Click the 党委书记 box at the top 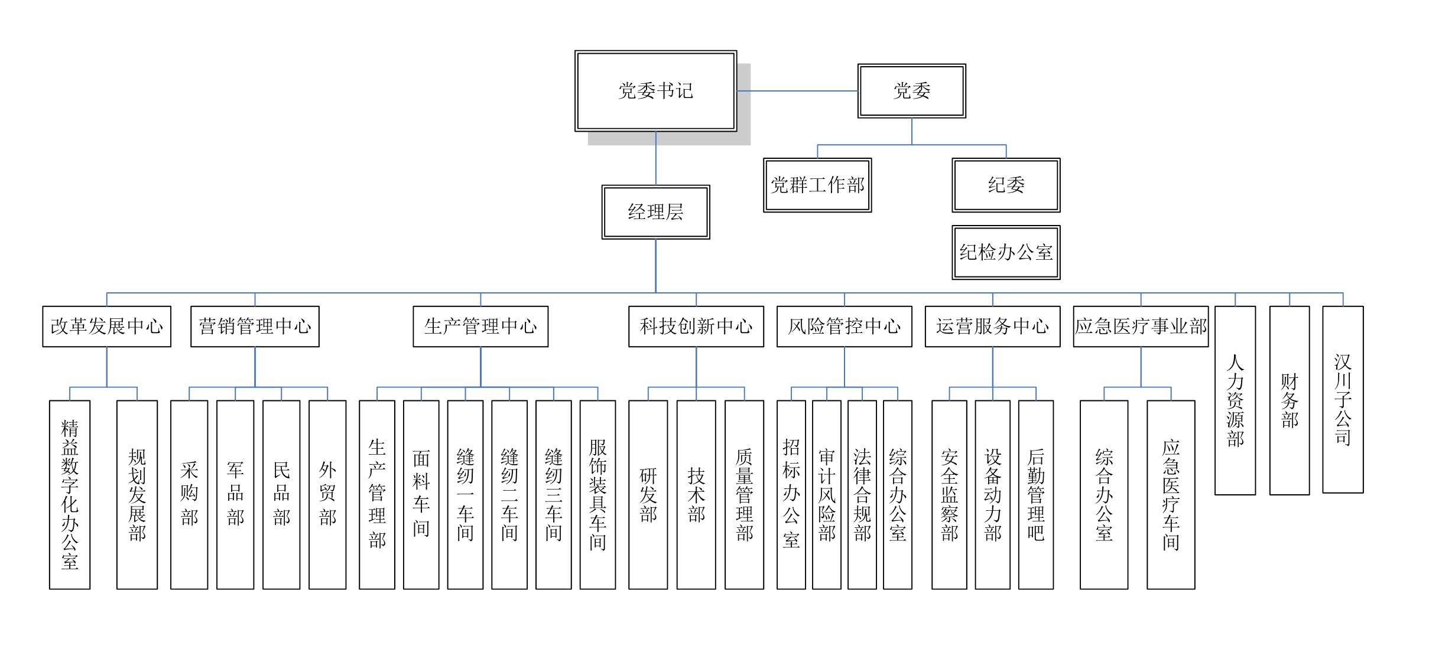[x=655, y=90]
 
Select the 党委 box [x=911, y=90]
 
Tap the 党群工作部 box [x=817, y=185]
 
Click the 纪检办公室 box [x=1006, y=252]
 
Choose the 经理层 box [x=655, y=212]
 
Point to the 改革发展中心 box [x=106, y=326]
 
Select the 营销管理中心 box [x=255, y=326]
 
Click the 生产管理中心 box [x=480, y=326]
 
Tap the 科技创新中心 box [x=696, y=326]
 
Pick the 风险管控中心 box [x=844, y=326]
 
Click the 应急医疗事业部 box [x=1141, y=326]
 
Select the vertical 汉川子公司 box [x=1343, y=399]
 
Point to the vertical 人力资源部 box [x=1235, y=400]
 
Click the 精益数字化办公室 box [x=70, y=494]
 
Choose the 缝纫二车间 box [x=509, y=494]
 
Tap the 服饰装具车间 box [x=597, y=494]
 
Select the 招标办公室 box [x=791, y=494]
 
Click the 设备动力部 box [x=993, y=494]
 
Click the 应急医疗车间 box [x=1171, y=494]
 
